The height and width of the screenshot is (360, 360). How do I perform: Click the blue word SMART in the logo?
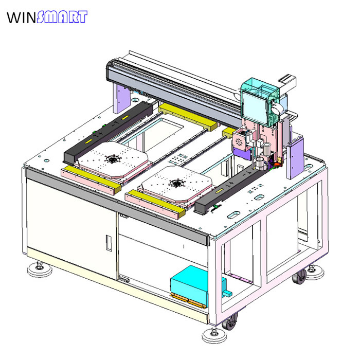point(62,17)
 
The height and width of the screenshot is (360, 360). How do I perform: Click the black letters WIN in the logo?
point(22,17)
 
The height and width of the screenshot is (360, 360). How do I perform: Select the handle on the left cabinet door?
point(109,243)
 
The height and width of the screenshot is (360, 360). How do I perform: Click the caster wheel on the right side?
point(300,277)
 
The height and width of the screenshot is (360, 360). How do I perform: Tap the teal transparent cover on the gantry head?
point(260,101)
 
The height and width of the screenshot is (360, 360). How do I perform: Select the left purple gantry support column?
point(121,99)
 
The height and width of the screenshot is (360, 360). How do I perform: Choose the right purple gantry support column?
point(295,157)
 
